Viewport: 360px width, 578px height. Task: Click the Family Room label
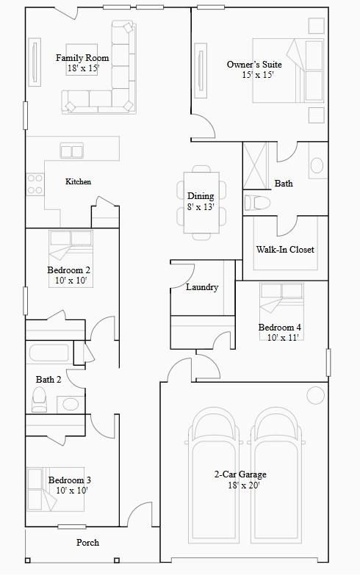tap(82, 58)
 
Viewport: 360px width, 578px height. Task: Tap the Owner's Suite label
tap(254, 65)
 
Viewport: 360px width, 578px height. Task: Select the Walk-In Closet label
tap(285, 250)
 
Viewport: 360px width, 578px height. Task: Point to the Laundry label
tap(201, 287)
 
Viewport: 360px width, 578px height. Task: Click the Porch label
tap(87, 543)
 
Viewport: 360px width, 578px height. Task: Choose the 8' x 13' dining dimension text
tap(201, 207)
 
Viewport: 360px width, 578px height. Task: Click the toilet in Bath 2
tap(40, 399)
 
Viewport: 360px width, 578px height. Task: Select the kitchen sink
tap(72, 152)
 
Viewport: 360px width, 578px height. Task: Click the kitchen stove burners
tap(35, 184)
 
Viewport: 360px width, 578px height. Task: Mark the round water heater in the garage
tap(315, 395)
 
